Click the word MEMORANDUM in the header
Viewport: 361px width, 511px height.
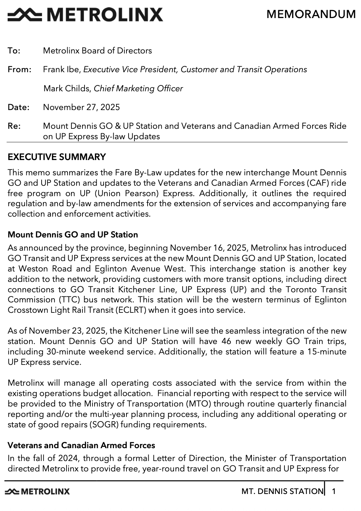tap(311, 14)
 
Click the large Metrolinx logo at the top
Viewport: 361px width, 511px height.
tap(85, 15)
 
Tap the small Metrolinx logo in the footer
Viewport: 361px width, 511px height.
tap(37, 491)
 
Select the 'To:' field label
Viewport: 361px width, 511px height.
tap(14, 51)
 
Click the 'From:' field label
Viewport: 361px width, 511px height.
tap(19, 69)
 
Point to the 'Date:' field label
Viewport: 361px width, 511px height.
tap(18, 107)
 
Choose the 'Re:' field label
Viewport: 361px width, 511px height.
tap(14, 126)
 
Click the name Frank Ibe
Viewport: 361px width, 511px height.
tap(61, 69)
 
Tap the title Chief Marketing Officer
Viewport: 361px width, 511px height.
tap(138, 89)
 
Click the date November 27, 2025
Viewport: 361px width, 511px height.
tap(81, 107)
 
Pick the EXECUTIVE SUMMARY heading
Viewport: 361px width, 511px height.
tap(56, 157)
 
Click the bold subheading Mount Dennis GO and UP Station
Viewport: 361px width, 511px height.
tap(73, 235)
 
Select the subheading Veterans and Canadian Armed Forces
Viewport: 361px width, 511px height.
tap(81, 445)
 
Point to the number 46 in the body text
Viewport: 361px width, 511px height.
tap(226, 341)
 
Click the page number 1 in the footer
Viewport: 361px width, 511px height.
tap(334, 491)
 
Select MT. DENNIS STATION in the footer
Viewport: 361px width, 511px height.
tap(282, 491)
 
